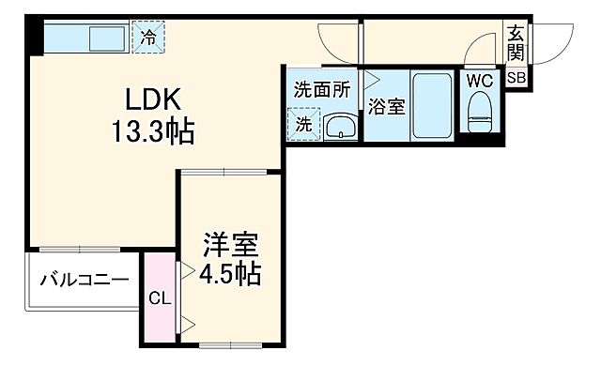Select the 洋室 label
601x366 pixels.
pos(231,247)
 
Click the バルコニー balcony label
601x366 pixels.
pos(84,281)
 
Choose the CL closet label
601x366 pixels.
pos(159,300)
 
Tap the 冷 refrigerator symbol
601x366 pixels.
pos(150,38)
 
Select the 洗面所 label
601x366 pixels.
pos(322,91)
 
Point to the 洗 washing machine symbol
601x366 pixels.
pos(306,123)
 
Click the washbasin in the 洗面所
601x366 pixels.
pos(340,126)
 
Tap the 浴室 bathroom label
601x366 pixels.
pos(387,107)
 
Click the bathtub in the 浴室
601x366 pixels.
pos(432,105)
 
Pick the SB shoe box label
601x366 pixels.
pos(517,79)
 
